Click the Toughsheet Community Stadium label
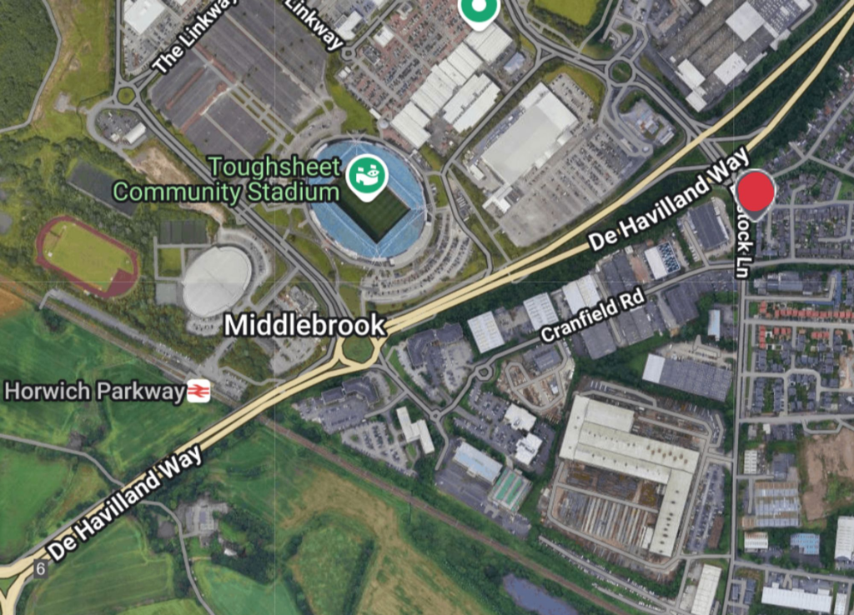(226, 179)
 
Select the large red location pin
(757, 192)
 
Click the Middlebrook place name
(304, 325)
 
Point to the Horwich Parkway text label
(94, 391)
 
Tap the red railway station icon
(198, 391)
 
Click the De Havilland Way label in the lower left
(125, 502)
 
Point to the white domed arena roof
(217, 280)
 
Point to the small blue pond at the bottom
(534, 596)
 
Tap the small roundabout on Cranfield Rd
(484, 371)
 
